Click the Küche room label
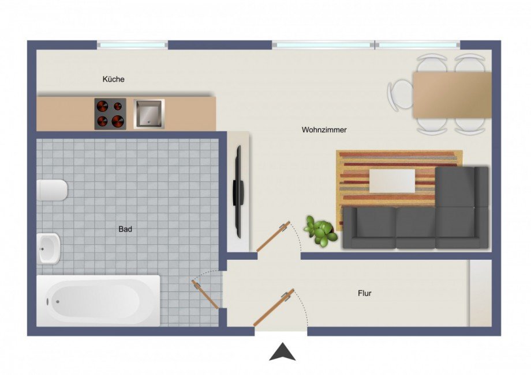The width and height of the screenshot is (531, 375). click(114, 79)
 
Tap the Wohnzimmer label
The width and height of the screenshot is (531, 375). click(324, 130)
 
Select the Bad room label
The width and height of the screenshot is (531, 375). click(125, 229)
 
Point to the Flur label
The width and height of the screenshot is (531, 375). click(365, 293)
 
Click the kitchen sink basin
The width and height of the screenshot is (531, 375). click(149, 113)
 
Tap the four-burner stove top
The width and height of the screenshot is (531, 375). click(110, 114)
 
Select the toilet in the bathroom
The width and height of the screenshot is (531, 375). click(52, 190)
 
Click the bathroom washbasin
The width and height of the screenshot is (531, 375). click(48, 249)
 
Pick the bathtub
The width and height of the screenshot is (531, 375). click(98, 301)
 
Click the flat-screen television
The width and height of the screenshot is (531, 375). click(238, 192)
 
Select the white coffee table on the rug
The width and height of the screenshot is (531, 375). click(392, 181)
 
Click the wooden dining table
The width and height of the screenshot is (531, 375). click(452, 95)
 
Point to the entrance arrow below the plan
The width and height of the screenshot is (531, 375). click(282, 352)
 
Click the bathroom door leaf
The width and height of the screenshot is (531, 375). click(205, 294)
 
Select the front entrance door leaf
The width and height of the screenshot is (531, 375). click(274, 308)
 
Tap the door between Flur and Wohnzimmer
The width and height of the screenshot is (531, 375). click(273, 237)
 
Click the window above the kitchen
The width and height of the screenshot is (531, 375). click(132, 45)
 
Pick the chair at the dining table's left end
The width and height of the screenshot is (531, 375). click(401, 94)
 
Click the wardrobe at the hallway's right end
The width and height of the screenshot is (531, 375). click(481, 293)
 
